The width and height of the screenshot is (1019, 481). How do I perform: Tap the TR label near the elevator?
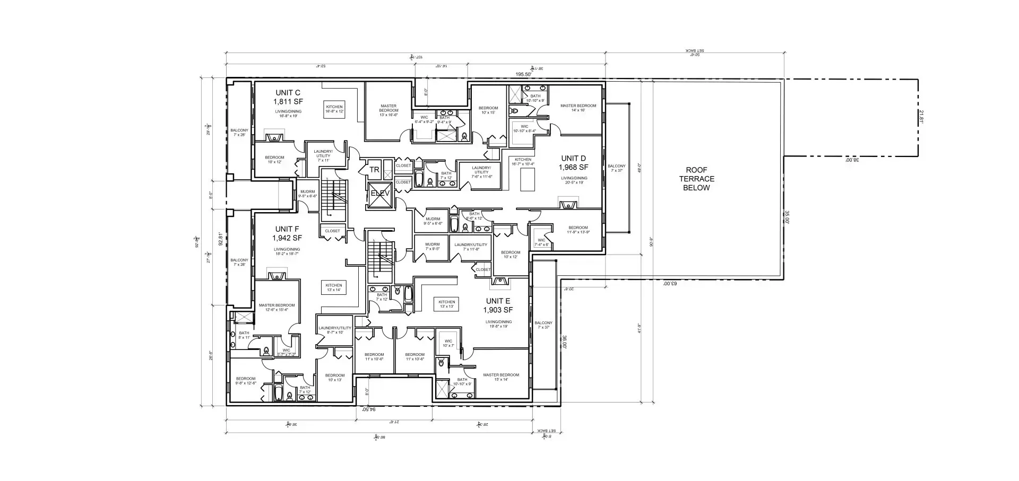[375, 170]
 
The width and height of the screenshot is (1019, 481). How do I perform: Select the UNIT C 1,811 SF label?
[288, 97]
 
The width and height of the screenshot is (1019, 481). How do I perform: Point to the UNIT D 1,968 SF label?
[574, 163]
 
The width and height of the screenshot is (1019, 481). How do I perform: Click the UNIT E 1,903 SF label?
[499, 305]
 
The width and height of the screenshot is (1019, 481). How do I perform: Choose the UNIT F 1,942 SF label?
[287, 233]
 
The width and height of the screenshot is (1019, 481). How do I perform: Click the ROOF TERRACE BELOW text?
[696, 179]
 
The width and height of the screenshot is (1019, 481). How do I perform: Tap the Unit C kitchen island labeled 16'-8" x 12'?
[334, 109]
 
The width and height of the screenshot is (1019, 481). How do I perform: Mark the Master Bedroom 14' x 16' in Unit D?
[578, 108]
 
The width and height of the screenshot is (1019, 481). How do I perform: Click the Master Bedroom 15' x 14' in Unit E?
[501, 377]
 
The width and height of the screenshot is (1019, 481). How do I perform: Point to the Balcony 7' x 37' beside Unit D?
[617, 168]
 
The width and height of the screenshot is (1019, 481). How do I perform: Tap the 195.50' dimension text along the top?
[524, 75]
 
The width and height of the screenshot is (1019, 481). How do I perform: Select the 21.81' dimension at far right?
[922, 117]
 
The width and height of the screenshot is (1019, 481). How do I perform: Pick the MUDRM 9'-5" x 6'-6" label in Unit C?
[307, 194]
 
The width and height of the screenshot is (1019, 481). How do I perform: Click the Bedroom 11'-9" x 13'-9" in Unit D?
[578, 230]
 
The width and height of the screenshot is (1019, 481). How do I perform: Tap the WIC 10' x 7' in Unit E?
[448, 343]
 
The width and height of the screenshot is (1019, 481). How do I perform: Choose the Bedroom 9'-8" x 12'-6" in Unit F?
[246, 381]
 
